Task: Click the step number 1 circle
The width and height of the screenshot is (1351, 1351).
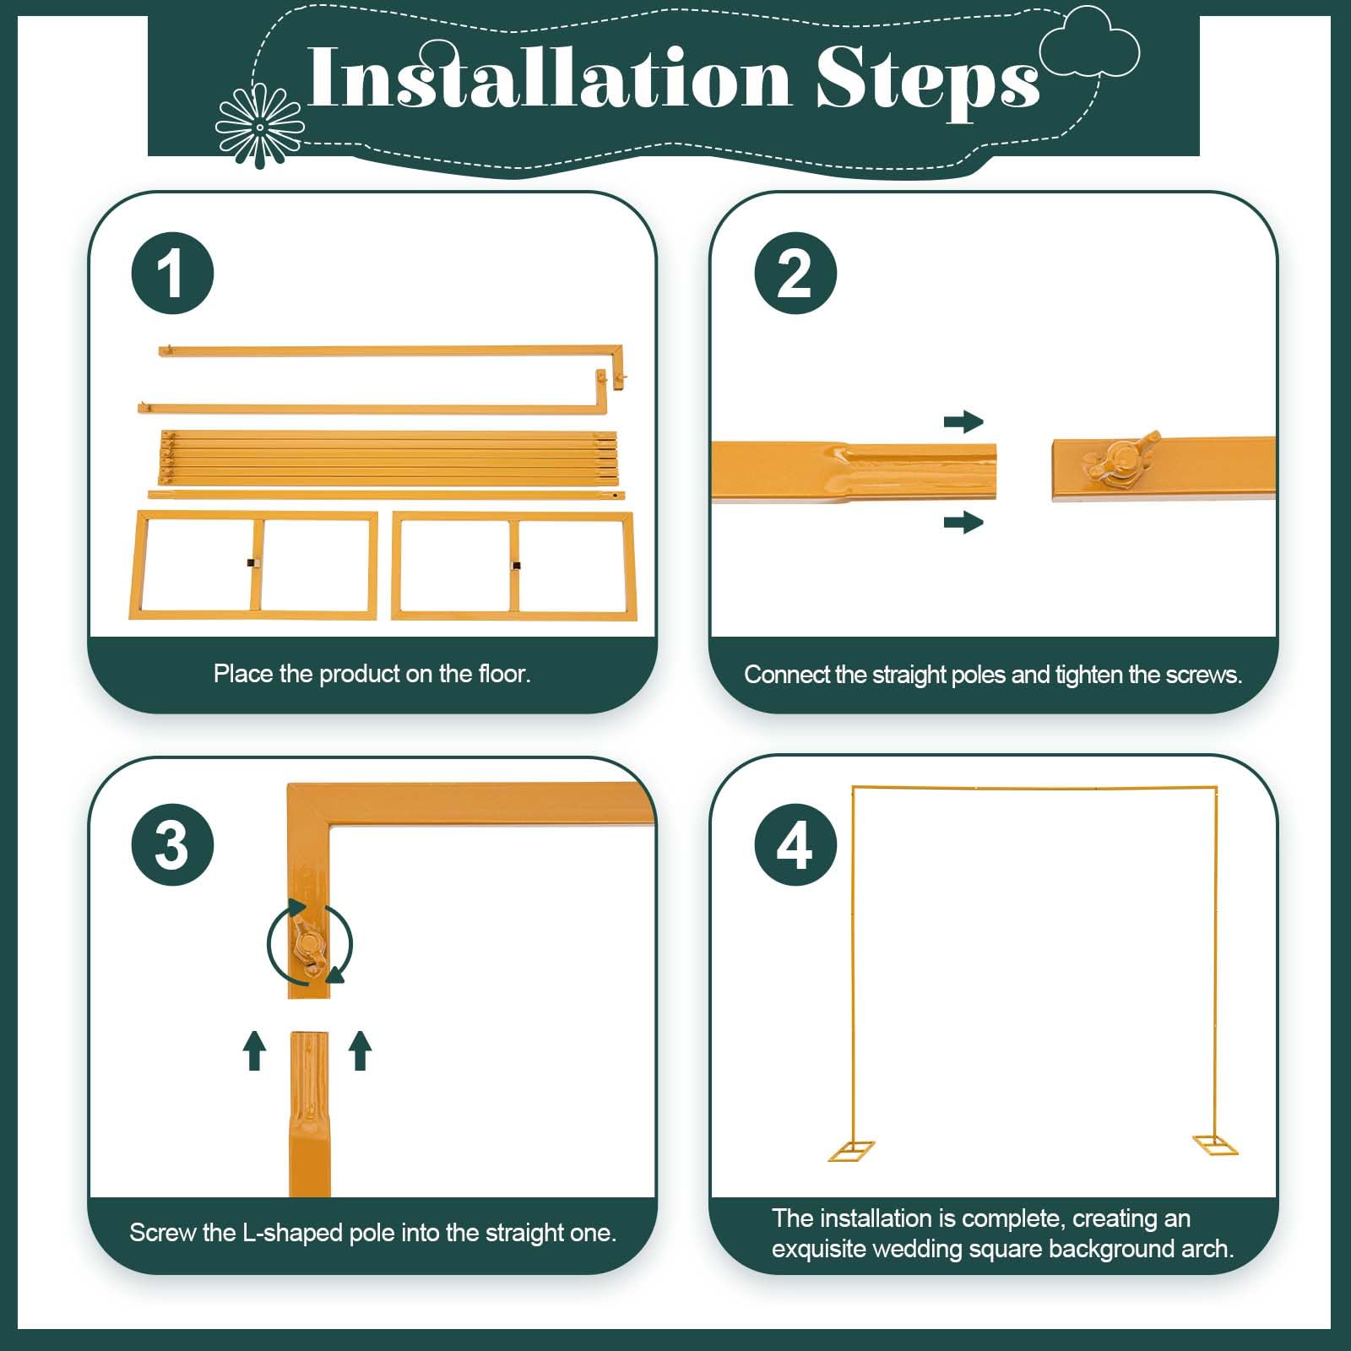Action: click(x=172, y=274)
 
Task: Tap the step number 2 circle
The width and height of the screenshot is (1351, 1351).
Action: click(x=795, y=274)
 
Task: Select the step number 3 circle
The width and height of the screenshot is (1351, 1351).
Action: click(x=172, y=844)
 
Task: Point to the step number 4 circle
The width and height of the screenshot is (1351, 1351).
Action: click(x=795, y=844)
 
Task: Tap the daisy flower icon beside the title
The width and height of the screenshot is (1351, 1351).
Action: click(x=259, y=127)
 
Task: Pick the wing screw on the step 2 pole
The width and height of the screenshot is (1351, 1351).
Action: click(x=1124, y=457)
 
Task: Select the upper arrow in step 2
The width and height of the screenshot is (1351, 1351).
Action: click(x=963, y=421)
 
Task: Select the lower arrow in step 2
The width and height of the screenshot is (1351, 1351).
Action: click(x=963, y=523)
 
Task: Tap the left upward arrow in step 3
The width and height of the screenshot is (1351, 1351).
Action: click(x=254, y=1050)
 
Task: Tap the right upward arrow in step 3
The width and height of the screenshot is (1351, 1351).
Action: click(x=361, y=1050)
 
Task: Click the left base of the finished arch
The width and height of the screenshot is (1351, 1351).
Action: click(x=851, y=1151)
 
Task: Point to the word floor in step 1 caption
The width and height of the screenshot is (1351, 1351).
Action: click(x=503, y=674)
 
